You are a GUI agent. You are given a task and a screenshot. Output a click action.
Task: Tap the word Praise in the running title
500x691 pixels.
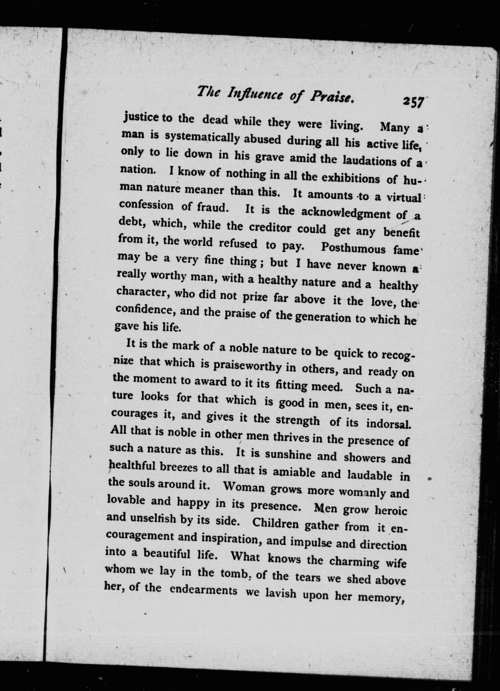click(x=332, y=97)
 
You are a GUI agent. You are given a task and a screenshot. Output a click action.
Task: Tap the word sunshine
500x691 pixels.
click(x=288, y=455)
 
